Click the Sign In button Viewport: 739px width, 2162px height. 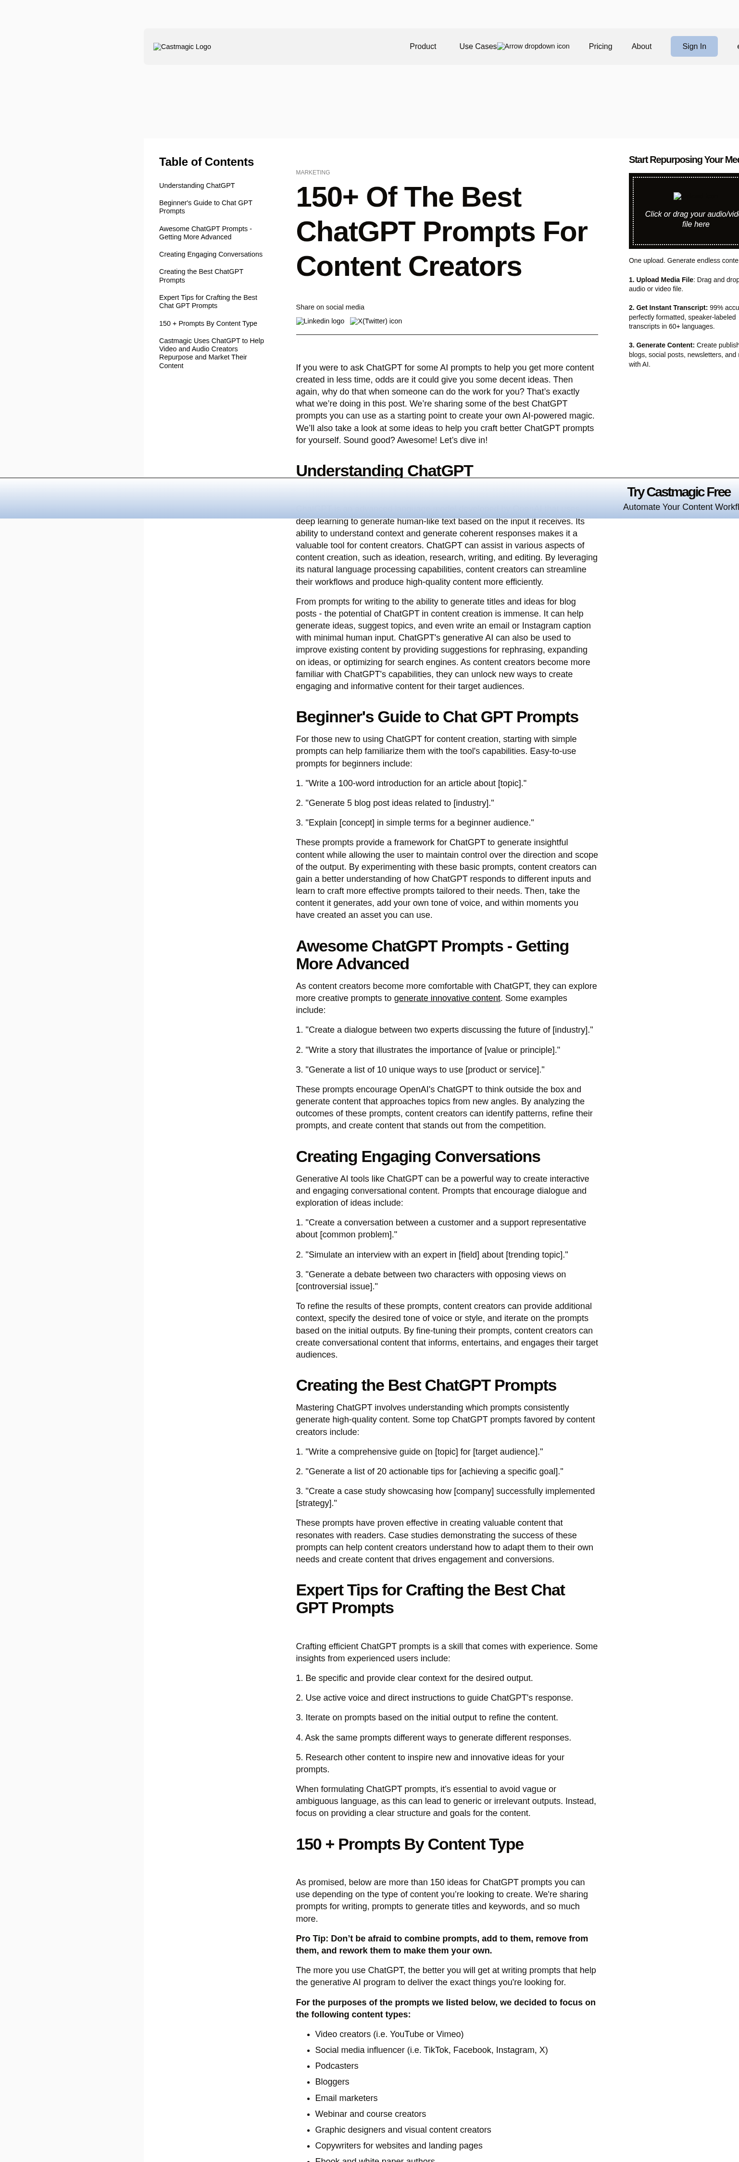694,46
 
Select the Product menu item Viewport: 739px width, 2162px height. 423,46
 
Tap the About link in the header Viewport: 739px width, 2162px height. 641,46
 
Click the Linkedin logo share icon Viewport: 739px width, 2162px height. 320,321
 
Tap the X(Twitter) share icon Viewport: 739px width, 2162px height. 376,321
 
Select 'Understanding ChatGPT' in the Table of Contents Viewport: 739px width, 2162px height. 197,185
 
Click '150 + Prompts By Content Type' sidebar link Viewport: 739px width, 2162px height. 207,323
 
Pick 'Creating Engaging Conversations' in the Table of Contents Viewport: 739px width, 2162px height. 210,254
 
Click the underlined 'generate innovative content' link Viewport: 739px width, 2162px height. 447,998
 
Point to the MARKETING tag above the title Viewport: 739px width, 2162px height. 313,172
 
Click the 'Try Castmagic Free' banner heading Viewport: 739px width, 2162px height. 678,492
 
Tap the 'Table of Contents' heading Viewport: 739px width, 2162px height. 206,162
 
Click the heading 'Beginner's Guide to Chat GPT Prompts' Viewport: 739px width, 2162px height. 437,717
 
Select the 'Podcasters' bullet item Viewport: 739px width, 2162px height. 336,2065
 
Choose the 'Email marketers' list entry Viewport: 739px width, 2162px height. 346,2098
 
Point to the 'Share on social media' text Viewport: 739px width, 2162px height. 330,307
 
